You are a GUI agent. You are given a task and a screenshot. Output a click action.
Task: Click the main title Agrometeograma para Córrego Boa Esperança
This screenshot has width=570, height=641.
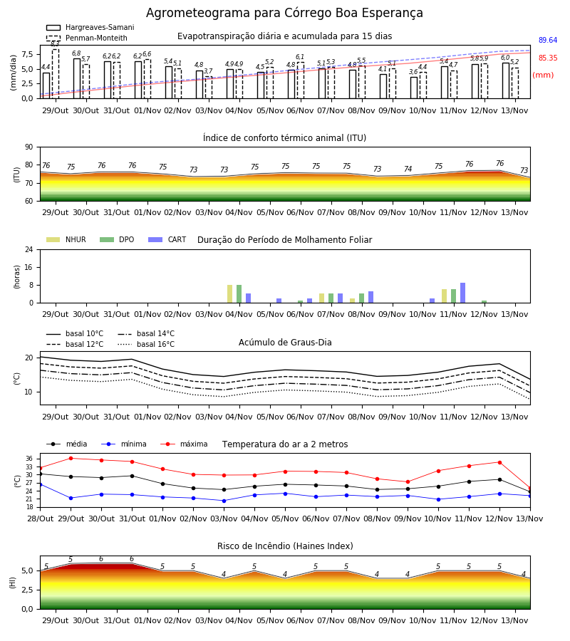pos(284,13)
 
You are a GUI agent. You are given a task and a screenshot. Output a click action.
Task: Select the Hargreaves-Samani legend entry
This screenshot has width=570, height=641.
pos(90,27)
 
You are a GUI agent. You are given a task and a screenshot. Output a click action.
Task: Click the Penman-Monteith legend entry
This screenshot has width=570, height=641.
pos(87,38)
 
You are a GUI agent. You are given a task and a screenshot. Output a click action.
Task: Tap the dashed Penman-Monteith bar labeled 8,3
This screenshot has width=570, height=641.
pos(56,73)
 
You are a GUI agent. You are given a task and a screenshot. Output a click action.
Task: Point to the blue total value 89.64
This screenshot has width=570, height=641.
pos(548,40)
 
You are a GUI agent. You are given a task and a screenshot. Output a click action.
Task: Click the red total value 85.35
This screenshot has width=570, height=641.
pos(548,58)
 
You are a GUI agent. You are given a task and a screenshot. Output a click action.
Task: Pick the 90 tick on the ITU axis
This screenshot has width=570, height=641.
pos(29,147)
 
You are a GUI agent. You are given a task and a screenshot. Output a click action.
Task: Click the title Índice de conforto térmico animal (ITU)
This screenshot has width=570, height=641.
pos(284,137)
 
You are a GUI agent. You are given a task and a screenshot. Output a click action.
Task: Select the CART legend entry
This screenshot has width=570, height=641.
pos(167,239)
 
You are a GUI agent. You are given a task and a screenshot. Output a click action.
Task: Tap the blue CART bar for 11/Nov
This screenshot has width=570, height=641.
pos(463,293)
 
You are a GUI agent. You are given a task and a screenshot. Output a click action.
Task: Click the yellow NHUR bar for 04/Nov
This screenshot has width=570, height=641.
pos(230,294)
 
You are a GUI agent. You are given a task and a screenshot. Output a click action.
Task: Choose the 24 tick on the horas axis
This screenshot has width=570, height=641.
pos(29,249)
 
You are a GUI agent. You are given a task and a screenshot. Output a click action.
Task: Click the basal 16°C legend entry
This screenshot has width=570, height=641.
pos(146,344)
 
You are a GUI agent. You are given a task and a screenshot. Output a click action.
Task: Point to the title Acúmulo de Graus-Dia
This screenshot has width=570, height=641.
pos(285,343)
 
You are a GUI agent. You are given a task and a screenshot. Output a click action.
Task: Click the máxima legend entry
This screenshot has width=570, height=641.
pos(184,444)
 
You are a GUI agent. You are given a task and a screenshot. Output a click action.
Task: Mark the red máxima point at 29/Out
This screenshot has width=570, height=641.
pos(71,458)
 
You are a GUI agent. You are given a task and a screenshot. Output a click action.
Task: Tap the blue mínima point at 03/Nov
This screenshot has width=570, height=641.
pos(224,501)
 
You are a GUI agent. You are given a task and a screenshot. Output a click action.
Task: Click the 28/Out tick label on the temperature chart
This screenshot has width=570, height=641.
pos(41,518)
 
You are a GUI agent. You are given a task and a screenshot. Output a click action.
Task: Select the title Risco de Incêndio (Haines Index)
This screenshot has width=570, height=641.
pos(285,546)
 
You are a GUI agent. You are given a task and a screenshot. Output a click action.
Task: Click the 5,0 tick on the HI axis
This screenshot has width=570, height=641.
pos(27,570)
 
